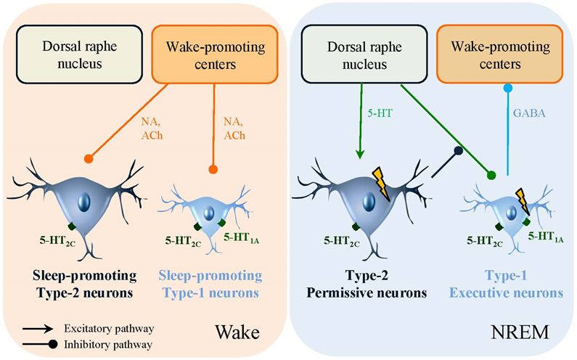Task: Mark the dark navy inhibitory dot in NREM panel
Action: (458, 152)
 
